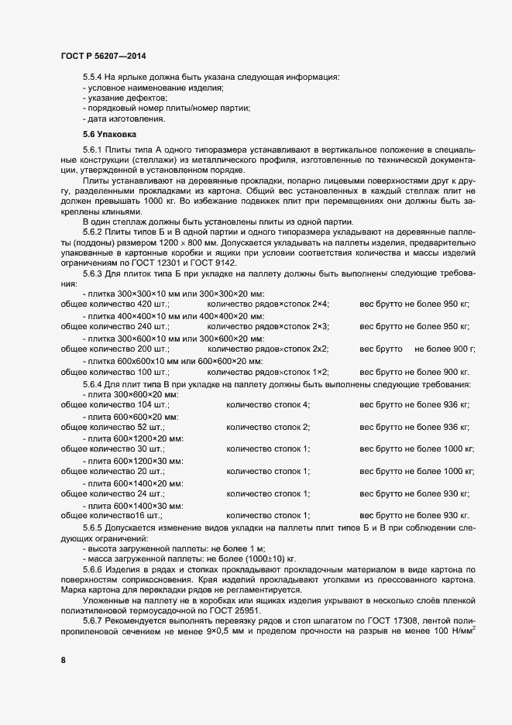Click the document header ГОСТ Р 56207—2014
[102, 57]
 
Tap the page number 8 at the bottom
[63, 659]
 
